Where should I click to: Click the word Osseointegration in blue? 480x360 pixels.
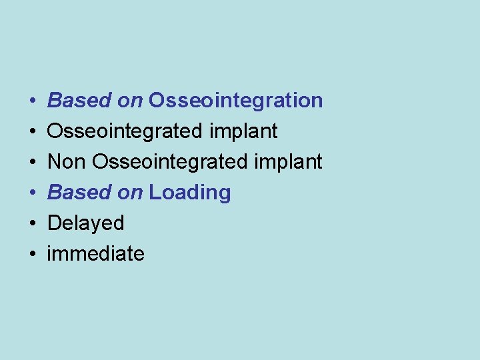tap(236, 101)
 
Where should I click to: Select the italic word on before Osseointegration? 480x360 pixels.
tap(130, 101)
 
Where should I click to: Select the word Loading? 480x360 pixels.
tap(190, 193)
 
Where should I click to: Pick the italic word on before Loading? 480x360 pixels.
tap(130, 193)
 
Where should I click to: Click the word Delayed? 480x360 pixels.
tap(85, 223)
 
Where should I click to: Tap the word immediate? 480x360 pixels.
tap(95, 254)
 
